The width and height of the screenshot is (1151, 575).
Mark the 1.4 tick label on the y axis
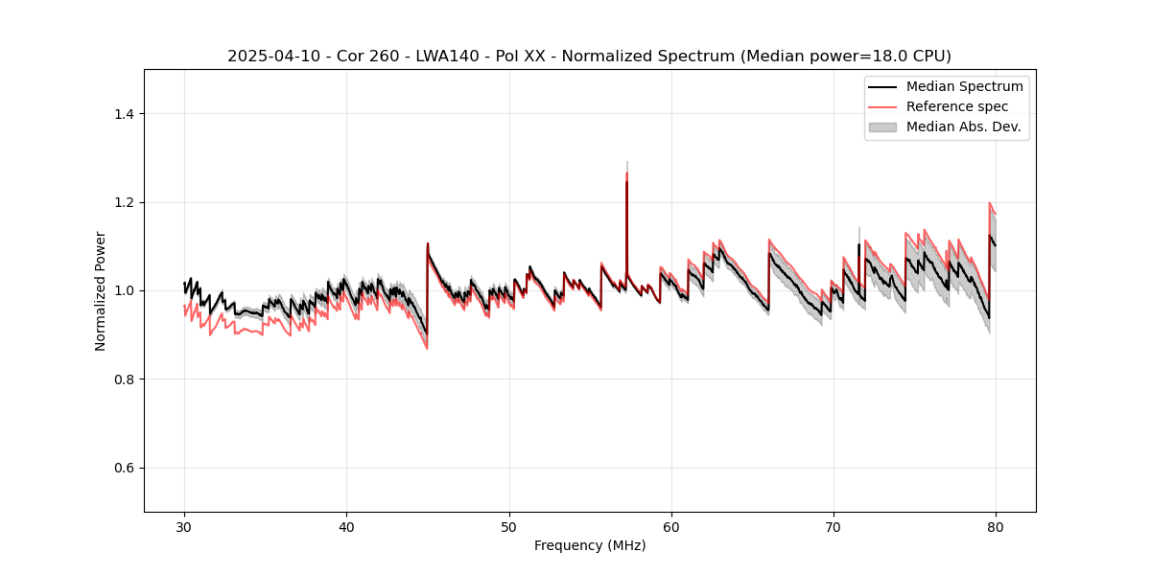124,114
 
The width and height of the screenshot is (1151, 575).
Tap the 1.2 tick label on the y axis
124,202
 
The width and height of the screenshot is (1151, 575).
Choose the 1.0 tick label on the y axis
124,290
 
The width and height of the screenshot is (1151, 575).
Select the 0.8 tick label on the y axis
124,379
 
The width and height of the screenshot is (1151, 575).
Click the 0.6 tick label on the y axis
124,468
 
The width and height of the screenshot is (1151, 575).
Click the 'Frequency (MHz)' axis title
590,545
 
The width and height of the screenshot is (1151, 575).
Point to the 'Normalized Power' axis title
101,290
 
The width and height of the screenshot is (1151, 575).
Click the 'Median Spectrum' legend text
964,86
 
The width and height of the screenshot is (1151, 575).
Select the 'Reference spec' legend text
957,106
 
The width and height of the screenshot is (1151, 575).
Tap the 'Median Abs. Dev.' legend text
963,126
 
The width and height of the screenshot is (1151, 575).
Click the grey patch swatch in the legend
882,126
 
